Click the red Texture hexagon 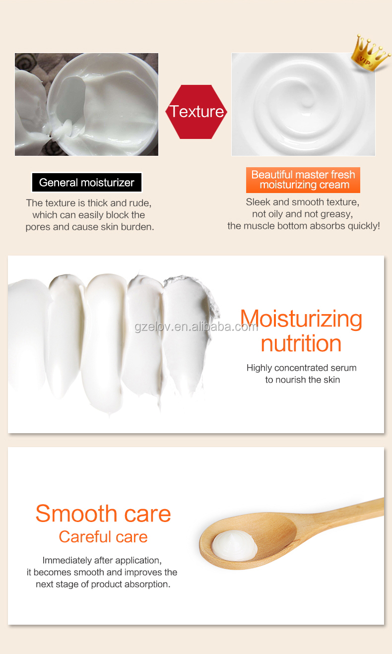tap(196, 112)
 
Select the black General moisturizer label tap(87, 183)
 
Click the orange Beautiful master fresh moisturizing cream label tap(303, 180)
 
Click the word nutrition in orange tap(301, 343)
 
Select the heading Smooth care tap(103, 513)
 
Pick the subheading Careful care tap(103, 536)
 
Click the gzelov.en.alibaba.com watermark tap(196, 327)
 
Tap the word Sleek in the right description tap(258, 202)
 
